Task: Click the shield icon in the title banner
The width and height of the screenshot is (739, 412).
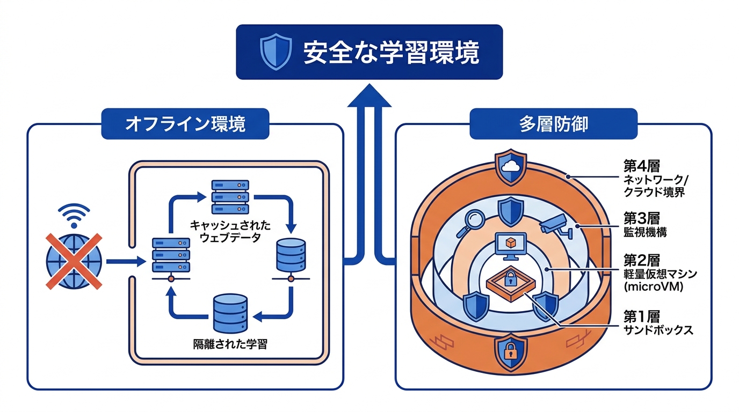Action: point(276,51)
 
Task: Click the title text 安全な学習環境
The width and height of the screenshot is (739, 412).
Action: point(392,52)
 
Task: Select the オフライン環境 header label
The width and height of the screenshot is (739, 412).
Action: point(185,124)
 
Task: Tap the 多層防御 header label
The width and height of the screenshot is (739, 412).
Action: point(553,124)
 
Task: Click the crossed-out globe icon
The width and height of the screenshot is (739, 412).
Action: point(74,261)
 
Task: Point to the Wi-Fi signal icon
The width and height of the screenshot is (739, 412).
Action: point(74,216)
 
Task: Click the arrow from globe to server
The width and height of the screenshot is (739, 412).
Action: point(126,262)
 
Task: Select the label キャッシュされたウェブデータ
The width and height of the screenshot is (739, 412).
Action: point(230,231)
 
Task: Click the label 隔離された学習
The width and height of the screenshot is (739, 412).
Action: point(230,344)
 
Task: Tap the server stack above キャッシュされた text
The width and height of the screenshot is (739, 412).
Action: point(230,197)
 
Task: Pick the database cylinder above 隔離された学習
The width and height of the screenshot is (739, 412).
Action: point(230,313)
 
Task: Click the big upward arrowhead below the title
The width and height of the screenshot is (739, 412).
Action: point(369,95)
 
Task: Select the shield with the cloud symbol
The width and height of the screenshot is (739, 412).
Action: point(510,167)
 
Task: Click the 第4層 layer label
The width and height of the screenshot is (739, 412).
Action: point(641,166)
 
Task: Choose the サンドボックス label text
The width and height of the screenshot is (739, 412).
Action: point(658,330)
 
